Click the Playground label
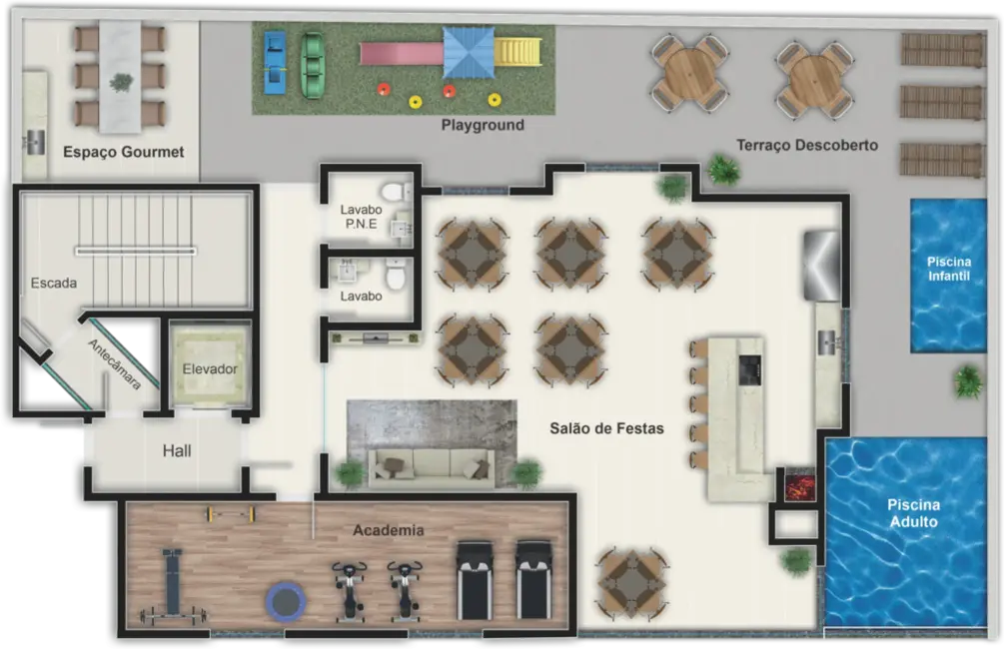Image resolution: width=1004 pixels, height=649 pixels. pos(483,126)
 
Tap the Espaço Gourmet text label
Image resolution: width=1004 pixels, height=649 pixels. pos(124,152)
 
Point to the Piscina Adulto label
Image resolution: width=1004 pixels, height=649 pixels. pos(913,513)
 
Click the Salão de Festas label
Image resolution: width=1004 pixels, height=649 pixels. pos(606,429)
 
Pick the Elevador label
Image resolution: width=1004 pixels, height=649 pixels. pos(210,369)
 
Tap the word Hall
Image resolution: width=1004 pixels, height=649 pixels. pos(177,451)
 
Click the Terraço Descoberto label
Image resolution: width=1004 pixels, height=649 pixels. pos(807,145)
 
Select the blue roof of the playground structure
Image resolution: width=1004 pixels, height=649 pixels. pos(469,52)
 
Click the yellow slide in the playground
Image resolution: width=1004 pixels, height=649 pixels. pos(519,51)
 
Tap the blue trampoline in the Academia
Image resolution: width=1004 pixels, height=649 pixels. pos(284,600)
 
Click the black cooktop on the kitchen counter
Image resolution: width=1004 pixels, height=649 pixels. pos(749,369)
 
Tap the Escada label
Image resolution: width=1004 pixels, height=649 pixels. pos(54,283)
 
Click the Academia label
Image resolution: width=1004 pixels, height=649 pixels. pos(388,530)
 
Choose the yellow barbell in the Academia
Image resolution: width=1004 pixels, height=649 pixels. pos(231,514)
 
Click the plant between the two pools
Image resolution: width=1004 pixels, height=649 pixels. pos(967,380)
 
